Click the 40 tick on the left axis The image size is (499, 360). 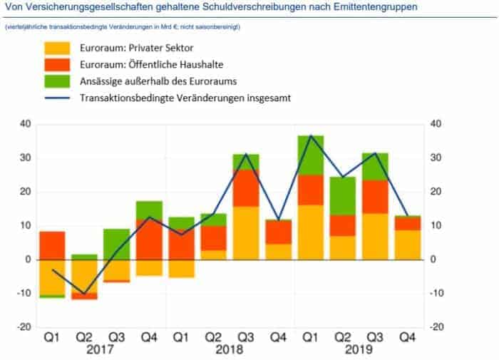(x=24, y=124)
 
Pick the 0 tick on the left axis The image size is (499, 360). (x=28, y=259)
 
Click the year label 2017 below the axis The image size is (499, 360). (x=102, y=351)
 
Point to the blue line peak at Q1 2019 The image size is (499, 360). (x=311, y=136)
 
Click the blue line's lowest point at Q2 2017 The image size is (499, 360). (x=85, y=294)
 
